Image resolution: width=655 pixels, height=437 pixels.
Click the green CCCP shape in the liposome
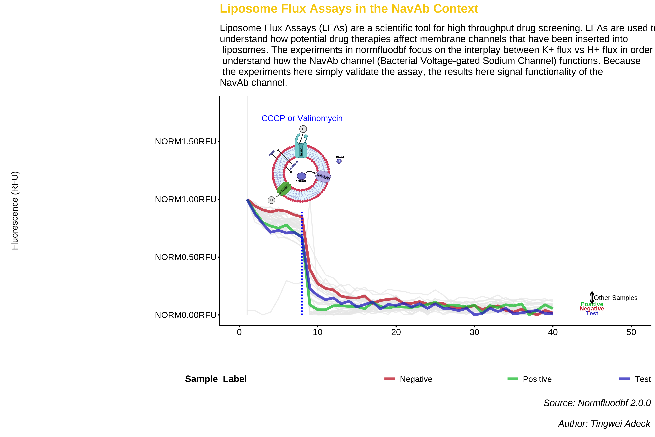tap(284, 189)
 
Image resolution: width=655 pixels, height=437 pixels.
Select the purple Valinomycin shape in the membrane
tap(323, 176)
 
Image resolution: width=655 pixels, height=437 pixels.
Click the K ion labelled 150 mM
tap(301, 176)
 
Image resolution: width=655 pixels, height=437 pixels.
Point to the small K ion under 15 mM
tap(339, 161)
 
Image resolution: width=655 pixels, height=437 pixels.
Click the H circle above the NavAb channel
tap(303, 129)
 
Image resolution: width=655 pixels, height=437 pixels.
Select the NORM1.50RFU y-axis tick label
tap(185, 142)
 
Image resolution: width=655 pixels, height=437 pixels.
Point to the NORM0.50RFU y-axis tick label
tap(185, 257)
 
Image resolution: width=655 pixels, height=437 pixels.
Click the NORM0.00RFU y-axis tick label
tap(185, 315)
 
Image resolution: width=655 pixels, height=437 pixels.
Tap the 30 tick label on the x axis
tap(474, 332)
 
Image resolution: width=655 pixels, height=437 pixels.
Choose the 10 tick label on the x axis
tap(317, 332)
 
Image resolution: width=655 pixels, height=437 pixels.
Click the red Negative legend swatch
tap(389, 379)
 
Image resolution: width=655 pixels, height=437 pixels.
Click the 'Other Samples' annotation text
tap(616, 298)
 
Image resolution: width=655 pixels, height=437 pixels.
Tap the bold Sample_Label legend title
tap(216, 379)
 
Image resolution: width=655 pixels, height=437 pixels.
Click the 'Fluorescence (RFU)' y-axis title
tap(15, 210)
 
